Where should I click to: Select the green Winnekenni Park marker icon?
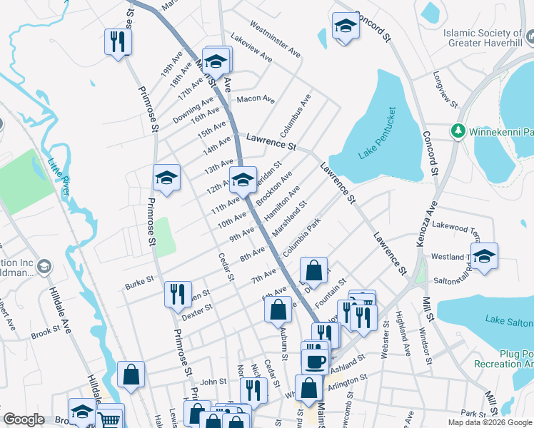pos(457,131)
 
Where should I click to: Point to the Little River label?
pos(59,178)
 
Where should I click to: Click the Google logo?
pos(24,419)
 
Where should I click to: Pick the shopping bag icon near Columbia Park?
pos(313,270)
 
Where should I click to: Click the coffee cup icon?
pos(314,361)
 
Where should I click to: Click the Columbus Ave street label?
pos(296,115)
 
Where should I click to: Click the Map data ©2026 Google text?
pos(489,422)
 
